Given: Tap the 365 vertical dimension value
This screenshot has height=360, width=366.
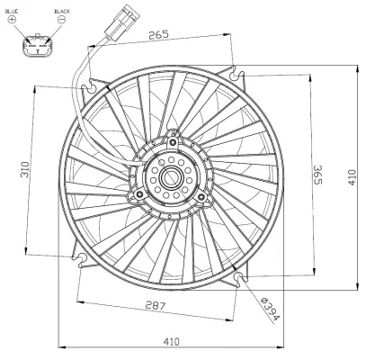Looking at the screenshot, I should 317,174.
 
